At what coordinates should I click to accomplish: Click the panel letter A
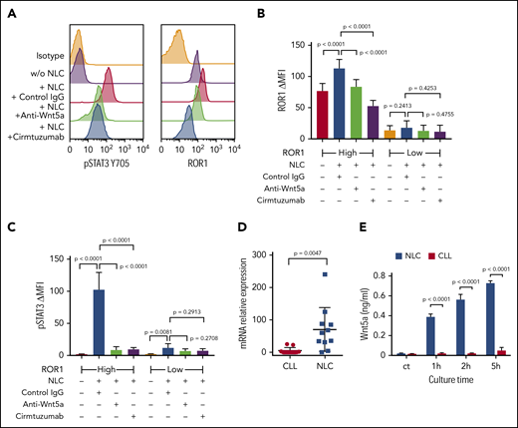tap(8, 9)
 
